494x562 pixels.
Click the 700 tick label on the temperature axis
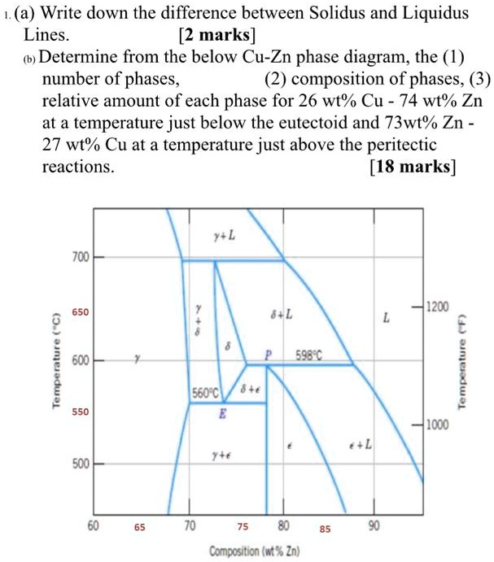(x=79, y=258)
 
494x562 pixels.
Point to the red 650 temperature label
(x=79, y=312)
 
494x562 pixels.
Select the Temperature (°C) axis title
(x=56, y=361)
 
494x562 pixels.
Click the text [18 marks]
(x=413, y=167)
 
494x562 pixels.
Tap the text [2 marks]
(x=216, y=36)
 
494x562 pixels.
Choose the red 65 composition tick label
(x=140, y=528)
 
